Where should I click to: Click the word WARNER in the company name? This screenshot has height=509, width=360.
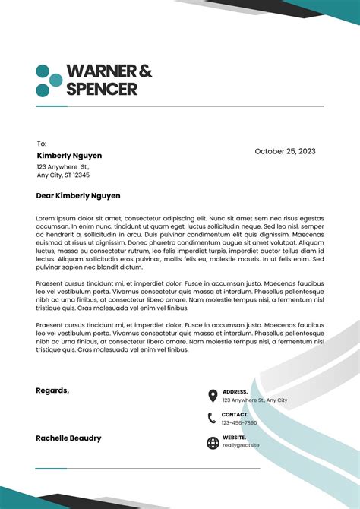(x=101, y=71)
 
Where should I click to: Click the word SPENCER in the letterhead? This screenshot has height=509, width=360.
(x=102, y=89)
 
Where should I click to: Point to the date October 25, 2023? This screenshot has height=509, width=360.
(x=285, y=151)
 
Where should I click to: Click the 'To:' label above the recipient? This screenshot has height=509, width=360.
(x=42, y=144)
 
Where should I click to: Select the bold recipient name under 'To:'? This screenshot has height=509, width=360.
(x=69, y=156)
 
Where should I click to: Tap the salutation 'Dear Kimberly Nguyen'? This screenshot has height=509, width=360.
(x=78, y=195)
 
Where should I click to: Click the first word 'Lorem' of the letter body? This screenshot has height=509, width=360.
(x=46, y=218)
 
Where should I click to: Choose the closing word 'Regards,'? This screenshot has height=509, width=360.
(x=52, y=390)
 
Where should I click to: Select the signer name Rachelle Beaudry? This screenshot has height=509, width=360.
(x=68, y=438)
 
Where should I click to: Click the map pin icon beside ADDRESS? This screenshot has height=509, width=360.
(x=213, y=396)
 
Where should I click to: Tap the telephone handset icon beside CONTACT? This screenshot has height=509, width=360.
(x=213, y=418)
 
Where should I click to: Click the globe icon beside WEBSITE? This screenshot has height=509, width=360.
(x=213, y=443)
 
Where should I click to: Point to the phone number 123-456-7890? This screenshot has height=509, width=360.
(x=239, y=423)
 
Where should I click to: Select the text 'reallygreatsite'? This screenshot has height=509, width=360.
(x=241, y=445)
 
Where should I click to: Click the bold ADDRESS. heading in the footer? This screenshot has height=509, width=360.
(x=235, y=392)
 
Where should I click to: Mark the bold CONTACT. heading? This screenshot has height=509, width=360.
(x=235, y=415)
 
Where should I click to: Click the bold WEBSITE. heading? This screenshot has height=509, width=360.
(x=234, y=438)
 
